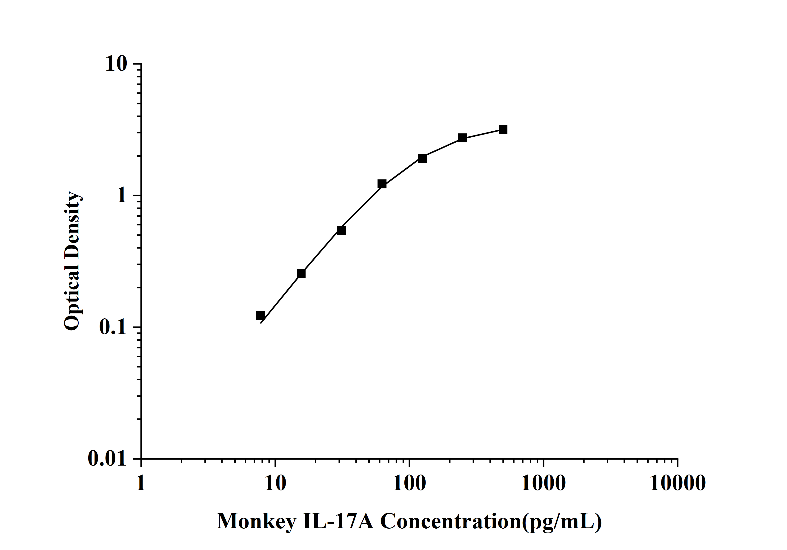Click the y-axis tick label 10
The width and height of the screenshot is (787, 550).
pyautogui.click(x=116, y=64)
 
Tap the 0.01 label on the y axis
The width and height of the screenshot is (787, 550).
pyautogui.click(x=107, y=458)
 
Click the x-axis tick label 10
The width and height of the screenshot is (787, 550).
pyautogui.click(x=275, y=484)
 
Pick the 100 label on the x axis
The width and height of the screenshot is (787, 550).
pyautogui.click(x=409, y=484)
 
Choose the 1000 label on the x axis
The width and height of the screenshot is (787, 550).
pyautogui.click(x=543, y=484)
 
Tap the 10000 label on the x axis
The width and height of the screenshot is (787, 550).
pyautogui.click(x=677, y=484)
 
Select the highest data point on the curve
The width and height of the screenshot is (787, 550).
pyautogui.click(x=503, y=130)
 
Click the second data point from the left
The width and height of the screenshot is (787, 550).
pyautogui.click(x=301, y=273)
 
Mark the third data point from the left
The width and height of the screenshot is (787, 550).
pyautogui.click(x=341, y=230)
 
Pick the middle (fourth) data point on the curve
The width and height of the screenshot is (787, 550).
pyautogui.click(x=382, y=184)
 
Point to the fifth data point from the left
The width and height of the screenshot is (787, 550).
pyautogui.click(x=422, y=158)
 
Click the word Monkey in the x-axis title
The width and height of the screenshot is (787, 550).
pyautogui.click(x=256, y=522)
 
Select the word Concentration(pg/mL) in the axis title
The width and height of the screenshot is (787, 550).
pyautogui.click(x=491, y=522)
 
